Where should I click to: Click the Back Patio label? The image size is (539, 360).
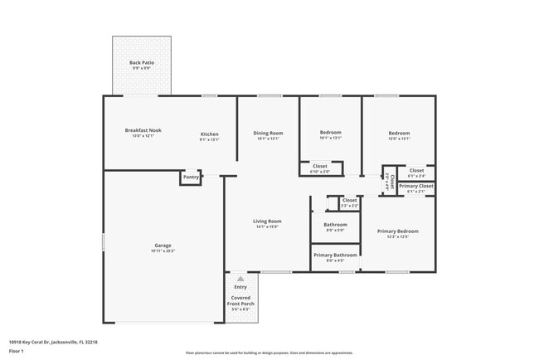click(x=141, y=63)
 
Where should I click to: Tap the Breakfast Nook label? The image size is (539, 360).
click(x=143, y=130)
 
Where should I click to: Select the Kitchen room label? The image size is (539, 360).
click(x=209, y=134)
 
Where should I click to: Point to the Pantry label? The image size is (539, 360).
click(x=191, y=177)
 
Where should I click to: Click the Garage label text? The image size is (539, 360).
click(x=163, y=246)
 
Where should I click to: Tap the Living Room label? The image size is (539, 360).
click(x=267, y=221)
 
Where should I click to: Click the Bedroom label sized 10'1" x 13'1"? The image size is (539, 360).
click(x=331, y=133)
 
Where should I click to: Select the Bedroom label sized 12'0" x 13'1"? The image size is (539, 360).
click(x=399, y=133)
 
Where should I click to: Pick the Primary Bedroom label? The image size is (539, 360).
click(x=397, y=231)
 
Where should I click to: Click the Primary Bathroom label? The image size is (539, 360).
click(x=335, y=255)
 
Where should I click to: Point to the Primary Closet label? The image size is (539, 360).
click(x=416, y=187)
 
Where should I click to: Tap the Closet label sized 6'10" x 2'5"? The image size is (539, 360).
click(x=320, y=166)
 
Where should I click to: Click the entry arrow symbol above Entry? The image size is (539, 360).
click(x=240, y=279)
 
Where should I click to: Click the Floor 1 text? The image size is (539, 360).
click(x=17, y=352)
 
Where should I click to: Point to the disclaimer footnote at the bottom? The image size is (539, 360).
click(x=269, y=353)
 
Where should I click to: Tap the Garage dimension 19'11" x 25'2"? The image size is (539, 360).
click(x=163, y=251)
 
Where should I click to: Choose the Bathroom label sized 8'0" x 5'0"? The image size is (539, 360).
click(x=335, y=225)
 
